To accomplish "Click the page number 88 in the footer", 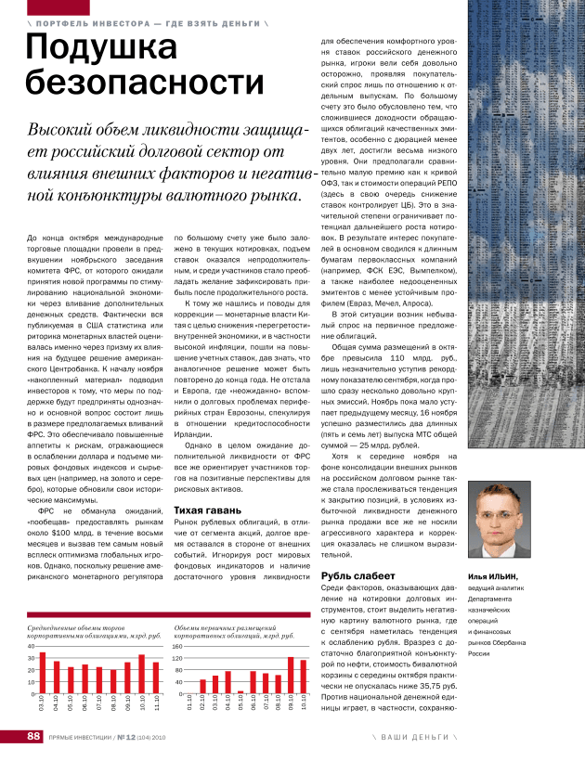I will (x=32, y=738).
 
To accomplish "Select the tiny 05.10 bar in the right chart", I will (x=240, y=691).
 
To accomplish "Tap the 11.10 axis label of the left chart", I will (x=157, y=704).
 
